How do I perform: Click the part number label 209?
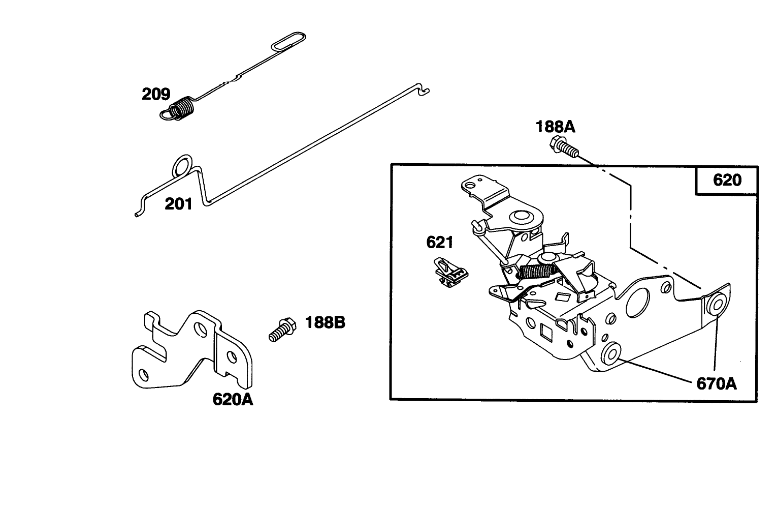tap(156, 94)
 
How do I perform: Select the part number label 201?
tap(178, 204)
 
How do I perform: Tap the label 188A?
tap(555, 127)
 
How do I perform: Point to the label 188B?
tap(325, 322)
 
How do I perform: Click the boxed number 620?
tap(727, 180)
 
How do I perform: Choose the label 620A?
tap(233, 400)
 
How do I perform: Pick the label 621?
tap(440, 243)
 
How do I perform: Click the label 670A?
tap(717, 384)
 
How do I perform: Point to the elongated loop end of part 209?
tap(288, 41)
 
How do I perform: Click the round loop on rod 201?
tap(182, 165)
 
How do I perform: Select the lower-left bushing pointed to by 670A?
tap(611, 354)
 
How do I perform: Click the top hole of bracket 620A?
tap(201, 330)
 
